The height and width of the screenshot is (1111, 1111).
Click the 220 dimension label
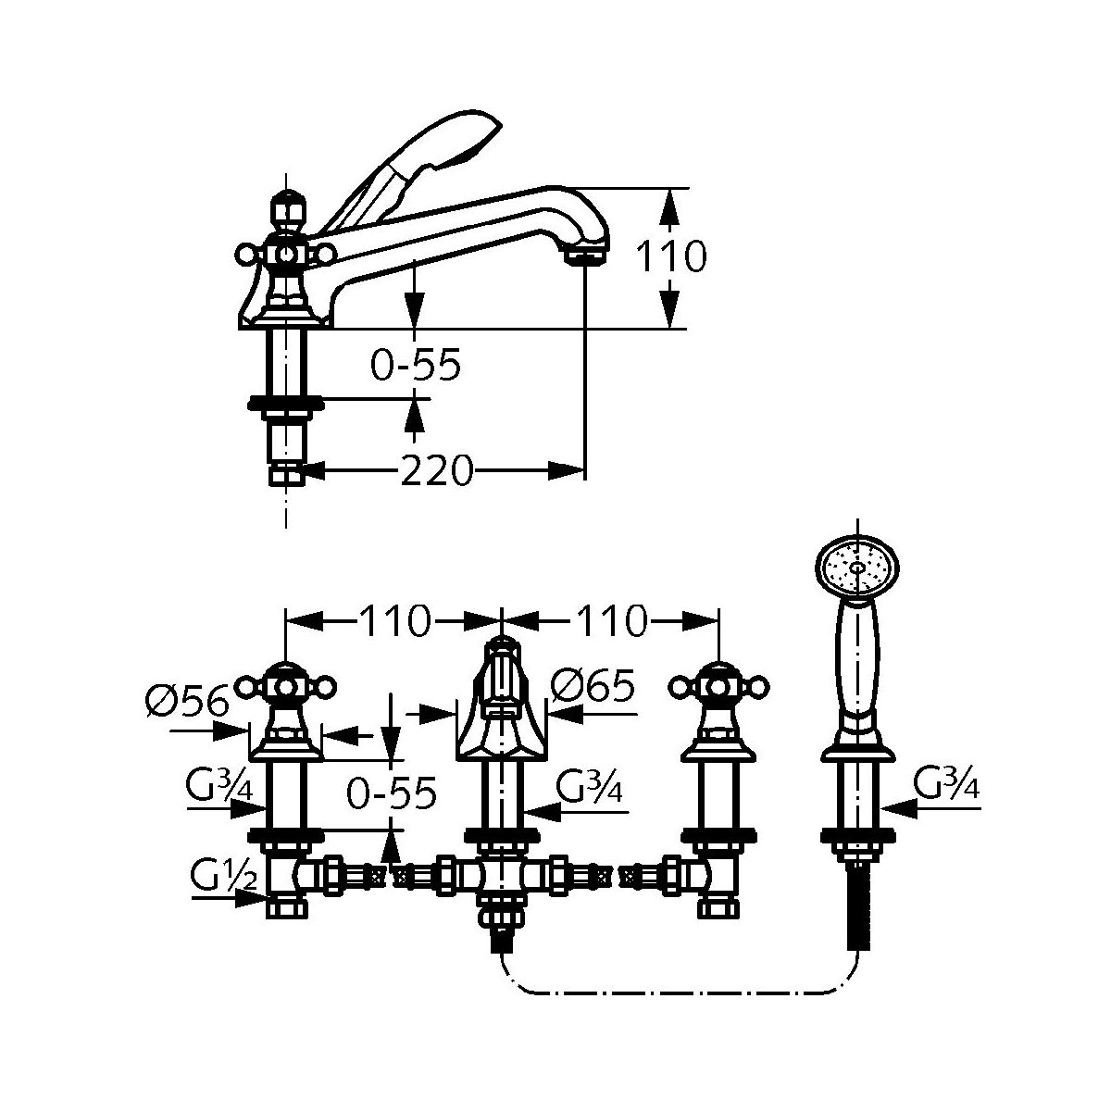coord(436,471)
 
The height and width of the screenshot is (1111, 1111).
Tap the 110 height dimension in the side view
coord(671,256)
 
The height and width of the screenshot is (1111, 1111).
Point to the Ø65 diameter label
coord(593,686)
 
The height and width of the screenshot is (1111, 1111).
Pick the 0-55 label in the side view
coord(415,366)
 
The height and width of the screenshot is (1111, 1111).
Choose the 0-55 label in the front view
coord(391,793)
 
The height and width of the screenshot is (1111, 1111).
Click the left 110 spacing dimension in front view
coord(393,620)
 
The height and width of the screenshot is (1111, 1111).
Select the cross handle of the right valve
coord(718,686)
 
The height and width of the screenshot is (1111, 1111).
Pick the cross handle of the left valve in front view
coord(286,686)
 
